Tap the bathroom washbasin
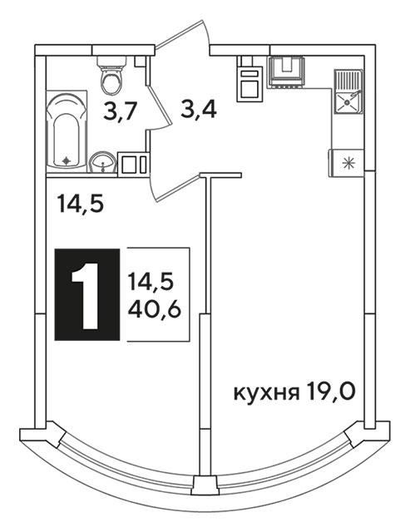pyautogui.click(x=103, y=163)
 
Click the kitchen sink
pyautogui.click(x=348, y=91)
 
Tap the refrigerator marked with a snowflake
pyautogui.click(x=347, y=164)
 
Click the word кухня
pyautogui.click(x=266, y=393)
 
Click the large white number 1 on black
pyautogui.click(x=86, y=295)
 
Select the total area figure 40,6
pyautogui.click(x=154, y=309)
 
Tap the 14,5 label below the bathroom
pyautogui.click(x=80, y=204)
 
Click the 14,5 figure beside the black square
pyautogui.click(x=151, y=283)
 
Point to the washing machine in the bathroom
pyautogui.click(x=133, y=165)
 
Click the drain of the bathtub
pyautogui.click(x=67, y=161)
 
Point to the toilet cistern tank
pyautogui.click(x=111, y=61)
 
